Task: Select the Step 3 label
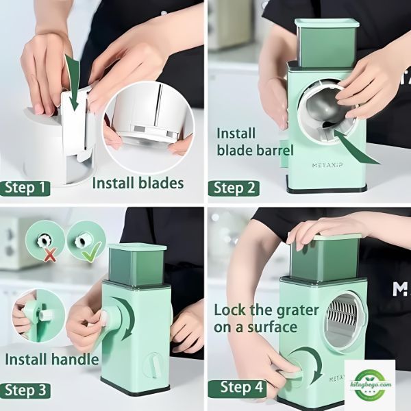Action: pyautogui.click(x=25, y=390)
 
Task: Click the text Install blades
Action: pyautogui.click(x=138, y=183)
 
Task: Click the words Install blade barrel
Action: pyautogui.click(x=255, y=142)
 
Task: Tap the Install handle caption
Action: pyautogui.click(x=52, y=359)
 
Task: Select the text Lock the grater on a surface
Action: pyautogui.click(x=266, y=319)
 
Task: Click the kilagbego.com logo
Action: pyautogui.click(x=370, y=384)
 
